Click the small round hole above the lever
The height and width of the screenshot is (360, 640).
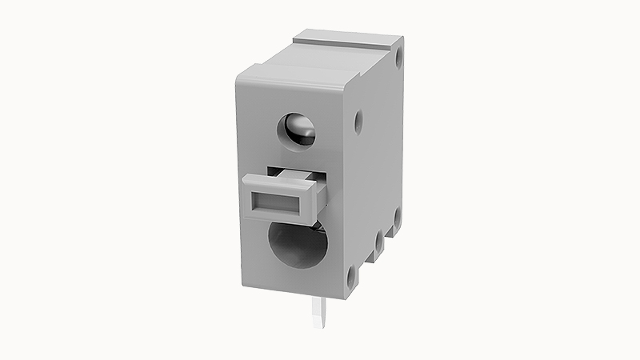pos(296,130)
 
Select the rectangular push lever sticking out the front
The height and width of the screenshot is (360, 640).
pos(280,197)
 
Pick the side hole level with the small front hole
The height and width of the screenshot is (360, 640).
pos(358,122)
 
